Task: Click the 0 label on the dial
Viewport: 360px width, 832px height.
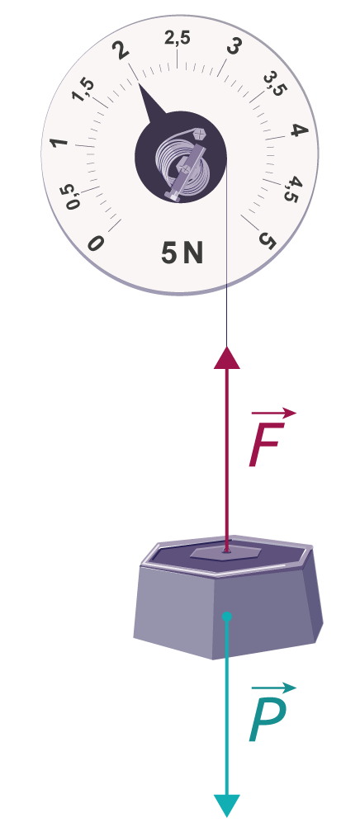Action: coord(96,243)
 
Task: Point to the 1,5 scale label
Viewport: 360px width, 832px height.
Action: coord(83,90)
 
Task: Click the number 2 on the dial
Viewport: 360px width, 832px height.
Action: coord(121,50)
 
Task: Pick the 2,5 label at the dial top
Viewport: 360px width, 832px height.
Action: coord(177,38)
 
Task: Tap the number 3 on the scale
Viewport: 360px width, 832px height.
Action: coord(233,48)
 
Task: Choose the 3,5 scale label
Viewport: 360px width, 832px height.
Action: coord(275,84)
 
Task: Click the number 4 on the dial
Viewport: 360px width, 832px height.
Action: coord(300,130)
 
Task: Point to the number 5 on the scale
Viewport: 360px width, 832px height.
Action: coord(268,240)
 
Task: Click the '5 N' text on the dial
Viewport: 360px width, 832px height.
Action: coord(182,253)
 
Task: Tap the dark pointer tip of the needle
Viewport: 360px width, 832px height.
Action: coord(139,85)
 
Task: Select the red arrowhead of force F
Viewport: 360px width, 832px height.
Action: coord(227,357)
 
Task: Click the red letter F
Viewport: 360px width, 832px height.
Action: coord(266,445)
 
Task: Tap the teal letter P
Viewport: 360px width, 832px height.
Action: coord(268,720)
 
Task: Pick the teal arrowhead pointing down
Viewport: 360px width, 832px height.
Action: coord(227,806)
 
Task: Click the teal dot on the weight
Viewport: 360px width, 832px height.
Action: coord(227,617)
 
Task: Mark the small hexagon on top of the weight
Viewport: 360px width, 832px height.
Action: coord(225,552)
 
